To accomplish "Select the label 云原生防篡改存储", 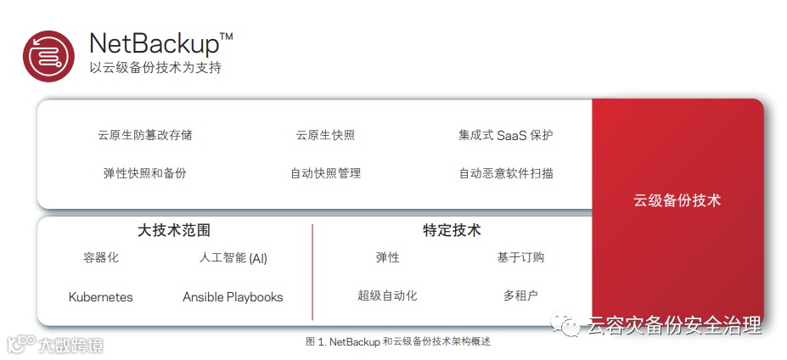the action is coord(145,135).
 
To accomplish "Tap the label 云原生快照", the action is coord(325,135).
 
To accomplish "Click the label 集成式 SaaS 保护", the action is coord(506,135).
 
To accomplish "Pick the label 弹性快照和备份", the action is coord(145,173).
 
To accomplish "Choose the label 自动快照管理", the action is coord(325,173).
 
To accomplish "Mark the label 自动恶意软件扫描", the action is coord(506,173).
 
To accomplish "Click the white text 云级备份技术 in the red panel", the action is coord(677,201).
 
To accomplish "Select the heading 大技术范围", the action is coord(174,230).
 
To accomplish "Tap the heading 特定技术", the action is coord(452,230).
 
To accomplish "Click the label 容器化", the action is coord(101,258).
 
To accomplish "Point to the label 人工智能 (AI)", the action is coord(232,258).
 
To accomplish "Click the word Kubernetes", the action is coord(101,297).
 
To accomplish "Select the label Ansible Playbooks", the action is coord(233,297).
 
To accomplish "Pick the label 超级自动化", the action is coord(387,296).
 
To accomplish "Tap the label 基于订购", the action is coord(520,258).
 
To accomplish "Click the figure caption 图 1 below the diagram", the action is coord(397,341).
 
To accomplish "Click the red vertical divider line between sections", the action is coord(312,272).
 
